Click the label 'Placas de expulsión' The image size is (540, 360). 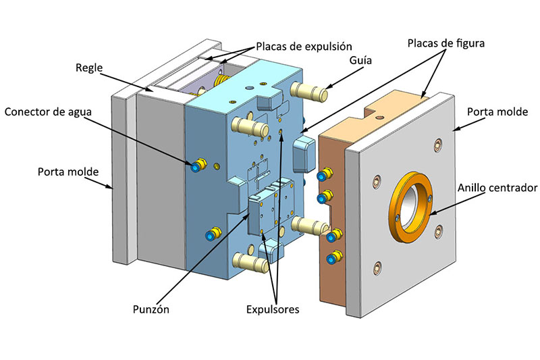[x=304, y=47]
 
